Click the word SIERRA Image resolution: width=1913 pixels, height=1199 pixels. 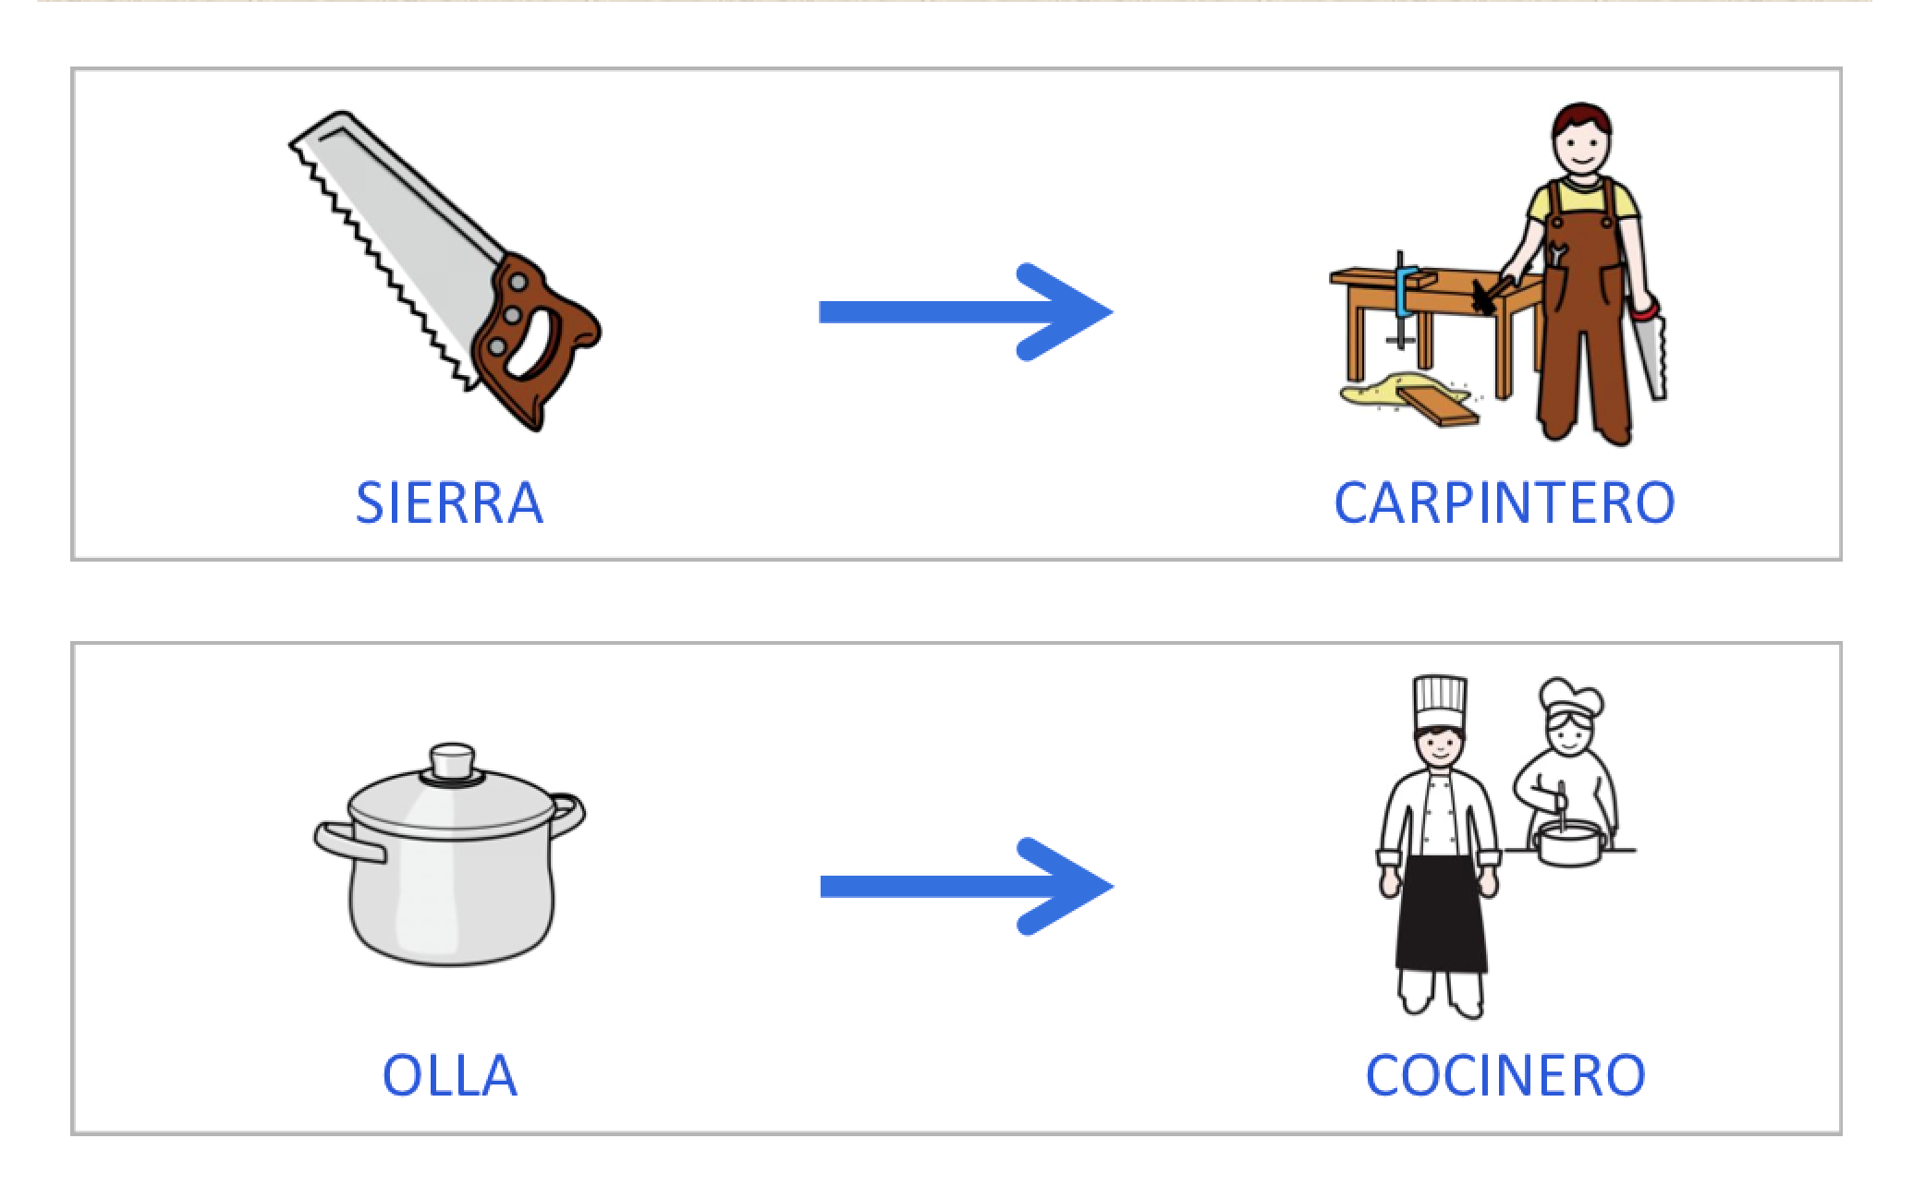pyautogui.click(x=449, y=503)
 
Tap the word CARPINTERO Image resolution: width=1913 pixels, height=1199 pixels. pyautogui.click(x=1504, y=503)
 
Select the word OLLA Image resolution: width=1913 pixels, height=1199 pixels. pyautogui.click(x=449, y=1075)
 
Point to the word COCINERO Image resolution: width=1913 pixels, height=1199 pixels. pyautogui.click(x=1505, y=1075)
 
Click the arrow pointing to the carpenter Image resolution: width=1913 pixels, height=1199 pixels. pyautogui.click(x=966, y=312)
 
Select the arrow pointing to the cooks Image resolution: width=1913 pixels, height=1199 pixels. pyautogui.click(x=966, y=887)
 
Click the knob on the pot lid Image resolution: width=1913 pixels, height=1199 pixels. pyautogui.click(x=452, y=761)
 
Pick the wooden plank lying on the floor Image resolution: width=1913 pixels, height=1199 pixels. pyautogui.click(x=1437, y=406)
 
